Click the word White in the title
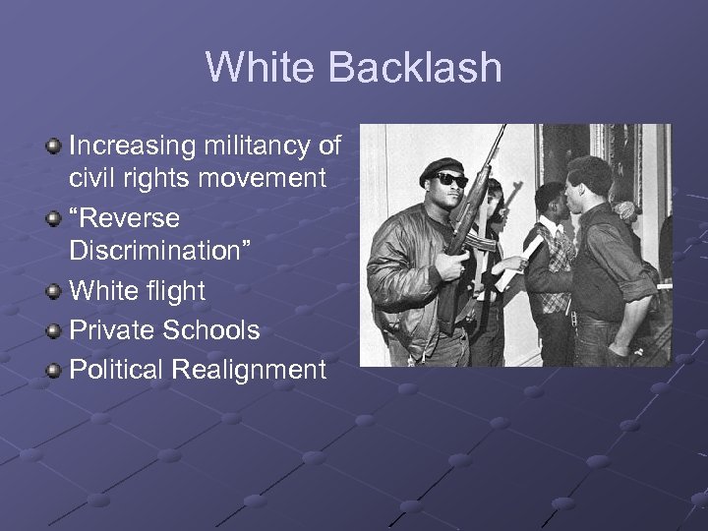261,67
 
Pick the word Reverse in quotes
126,218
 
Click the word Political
115,370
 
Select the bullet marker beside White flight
53,292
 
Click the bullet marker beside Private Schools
53,331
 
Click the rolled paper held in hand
515,265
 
